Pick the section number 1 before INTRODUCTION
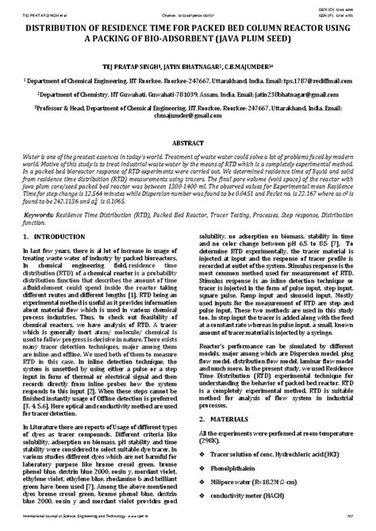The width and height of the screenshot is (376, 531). (x=25, y=237)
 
